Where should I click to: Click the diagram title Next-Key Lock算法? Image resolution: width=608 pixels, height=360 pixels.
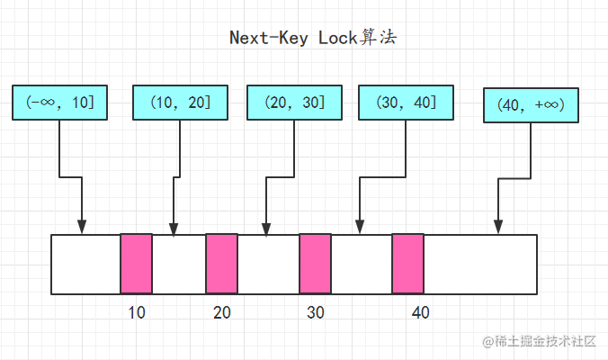pos(313,38)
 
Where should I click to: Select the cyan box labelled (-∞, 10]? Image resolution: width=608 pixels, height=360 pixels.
pos(59,103)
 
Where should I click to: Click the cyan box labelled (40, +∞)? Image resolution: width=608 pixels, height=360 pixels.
pos(531,105)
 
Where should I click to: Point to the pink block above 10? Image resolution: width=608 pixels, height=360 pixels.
pos(136,264)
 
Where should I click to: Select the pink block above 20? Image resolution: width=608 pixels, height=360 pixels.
pos(222,264)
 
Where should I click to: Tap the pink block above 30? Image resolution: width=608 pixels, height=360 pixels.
pos(316,264)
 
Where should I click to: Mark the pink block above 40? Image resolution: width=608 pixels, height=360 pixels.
pos(408,264)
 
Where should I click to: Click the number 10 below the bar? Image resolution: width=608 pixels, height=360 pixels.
pos(137,312)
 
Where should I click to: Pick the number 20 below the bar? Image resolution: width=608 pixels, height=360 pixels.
pos(222,312)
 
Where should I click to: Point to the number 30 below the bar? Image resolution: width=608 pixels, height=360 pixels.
pos(316,312)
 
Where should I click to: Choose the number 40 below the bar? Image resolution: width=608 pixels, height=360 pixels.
pos(421,312)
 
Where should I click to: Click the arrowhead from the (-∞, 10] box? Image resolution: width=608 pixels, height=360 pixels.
pos(82,228)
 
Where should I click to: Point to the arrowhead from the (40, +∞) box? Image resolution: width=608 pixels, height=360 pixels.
pos(498,228)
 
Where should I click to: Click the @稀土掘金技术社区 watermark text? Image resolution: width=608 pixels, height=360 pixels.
pos(539,341)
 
